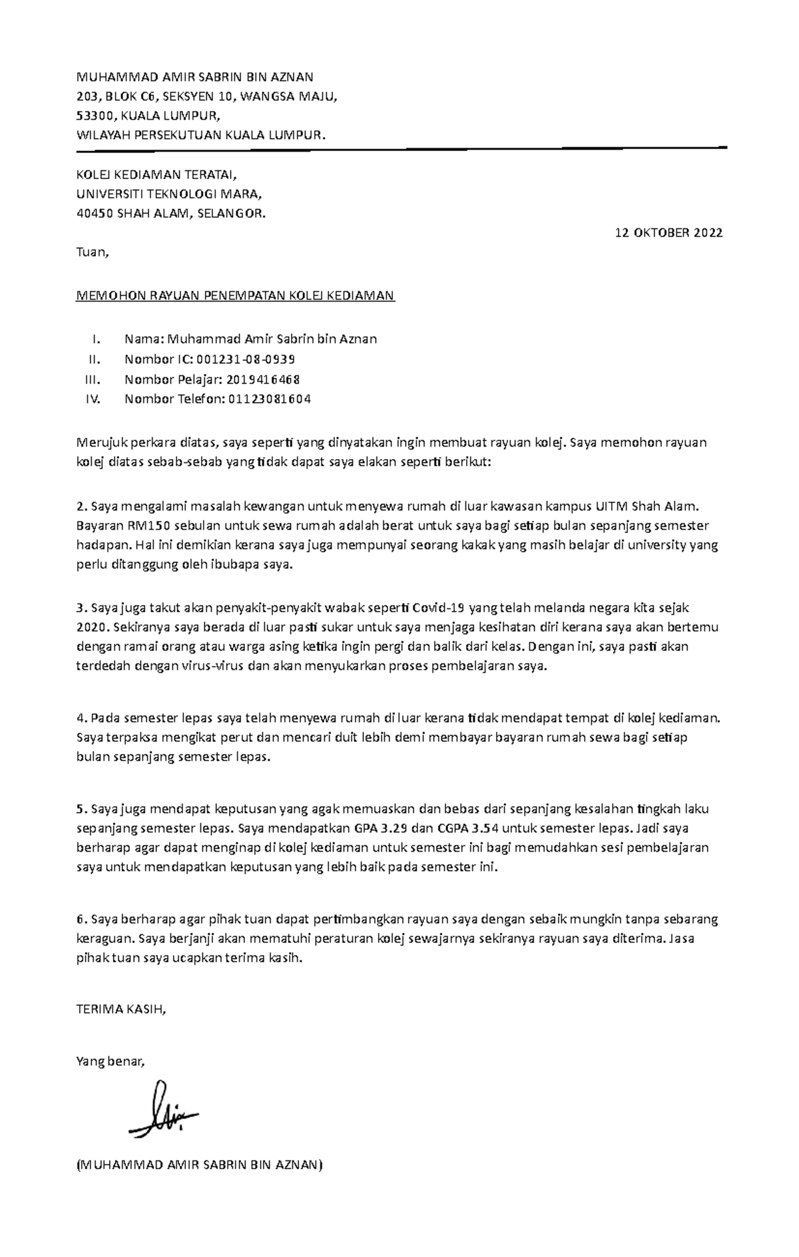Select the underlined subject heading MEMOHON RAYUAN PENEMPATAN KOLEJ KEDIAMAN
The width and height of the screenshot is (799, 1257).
(236, 295)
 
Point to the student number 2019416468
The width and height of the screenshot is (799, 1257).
(263, 380)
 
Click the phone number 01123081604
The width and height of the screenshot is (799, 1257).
(270, 400)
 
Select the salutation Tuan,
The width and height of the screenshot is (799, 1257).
(92, 252)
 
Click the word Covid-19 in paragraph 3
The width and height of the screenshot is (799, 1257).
(440, 608)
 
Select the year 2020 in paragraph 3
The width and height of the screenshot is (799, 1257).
(91, 627)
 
